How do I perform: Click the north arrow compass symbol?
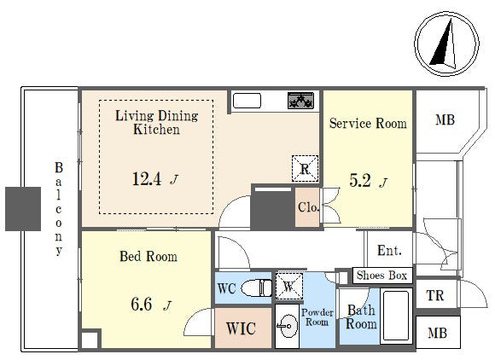(446, 44)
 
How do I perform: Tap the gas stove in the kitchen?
(300, 101)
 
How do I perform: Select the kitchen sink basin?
(247, 101)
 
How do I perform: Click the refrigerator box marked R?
(305, 169)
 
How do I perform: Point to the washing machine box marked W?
(289, 287)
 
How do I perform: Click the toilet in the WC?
(256, 287)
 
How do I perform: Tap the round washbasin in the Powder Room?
(288, 326)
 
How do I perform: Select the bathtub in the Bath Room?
(396, 316)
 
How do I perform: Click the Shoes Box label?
(382, 276)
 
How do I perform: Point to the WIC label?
(241, 328)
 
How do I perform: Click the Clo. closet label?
(309, 207)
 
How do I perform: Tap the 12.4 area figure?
(147, 179)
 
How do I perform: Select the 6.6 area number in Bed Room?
(142, 305)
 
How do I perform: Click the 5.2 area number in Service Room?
(360, 181)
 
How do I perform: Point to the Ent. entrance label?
(389, 251)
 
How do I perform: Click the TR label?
(435, 296)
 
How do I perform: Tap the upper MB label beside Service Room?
(445, 120)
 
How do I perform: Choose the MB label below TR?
(437, 333)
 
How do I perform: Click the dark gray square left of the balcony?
(23, 209)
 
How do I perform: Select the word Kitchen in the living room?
(156, 130)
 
